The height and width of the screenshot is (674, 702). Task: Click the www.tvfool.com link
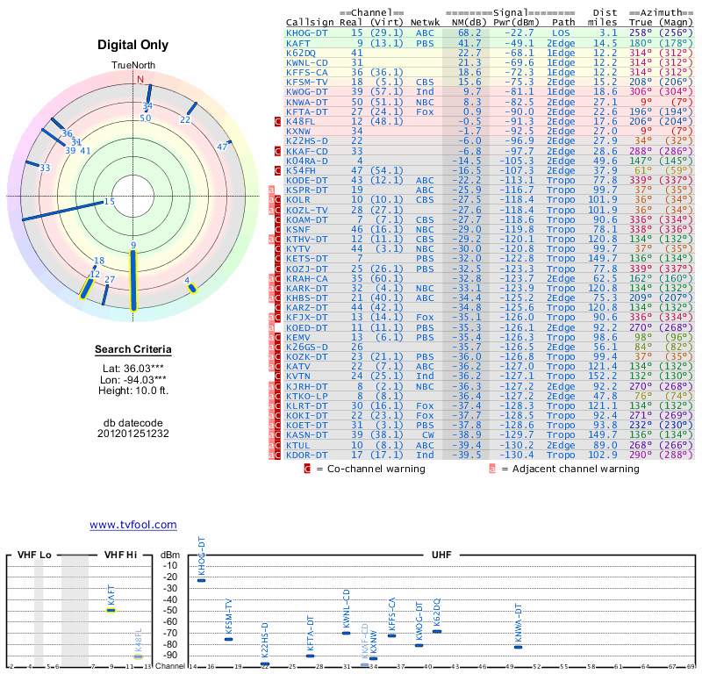pyautogui.click(x=133, y=525)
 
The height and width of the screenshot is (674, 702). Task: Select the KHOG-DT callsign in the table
pyautogui.click(x=307, y=32)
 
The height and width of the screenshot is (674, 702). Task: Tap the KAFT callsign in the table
pyautogui.click(x=298, y=43)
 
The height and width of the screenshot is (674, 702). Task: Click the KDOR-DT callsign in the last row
pyautogui.click(x=307, y=455)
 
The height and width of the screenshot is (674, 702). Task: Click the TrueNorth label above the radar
pyautogui.click(x=133, y=66)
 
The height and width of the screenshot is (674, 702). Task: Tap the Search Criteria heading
pyautogui.click(x=133, y=350)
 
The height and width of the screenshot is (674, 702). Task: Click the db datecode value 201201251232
pyautogui.click(x=133, y=434)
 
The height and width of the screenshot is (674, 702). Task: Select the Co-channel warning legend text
pyautogui.click(x=369, y=469)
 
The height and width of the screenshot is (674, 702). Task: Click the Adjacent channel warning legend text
pyautogui.click(x=570, y=469)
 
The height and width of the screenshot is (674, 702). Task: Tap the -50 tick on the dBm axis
pyautogui.click(x=170, y=610)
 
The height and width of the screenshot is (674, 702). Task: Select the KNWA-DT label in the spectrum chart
pyautogui.click(x=519, y=623)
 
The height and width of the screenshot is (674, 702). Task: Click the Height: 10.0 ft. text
pyautogui.click(x=133, y=391)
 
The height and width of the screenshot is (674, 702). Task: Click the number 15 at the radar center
pyautogui.click(x=110, y=202)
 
